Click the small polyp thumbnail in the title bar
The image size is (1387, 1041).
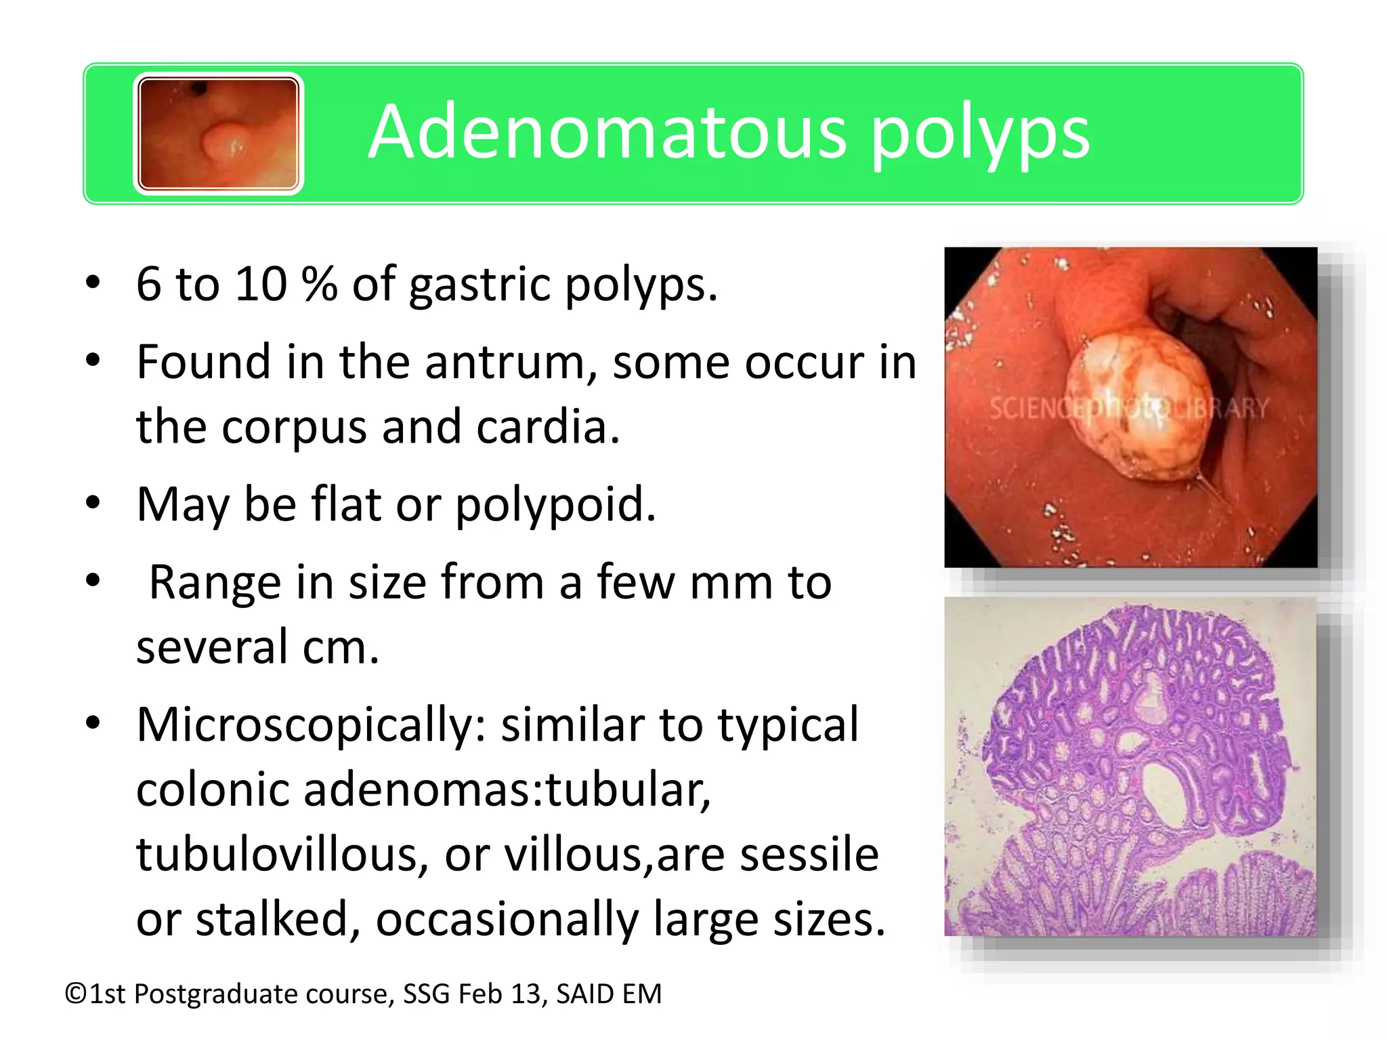click(218, 134)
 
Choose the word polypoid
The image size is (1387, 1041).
click(555, 506)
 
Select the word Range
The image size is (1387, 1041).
click(215, 583)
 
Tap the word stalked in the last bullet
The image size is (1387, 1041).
click(278, 919)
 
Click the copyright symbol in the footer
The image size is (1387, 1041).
click(75, 994)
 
